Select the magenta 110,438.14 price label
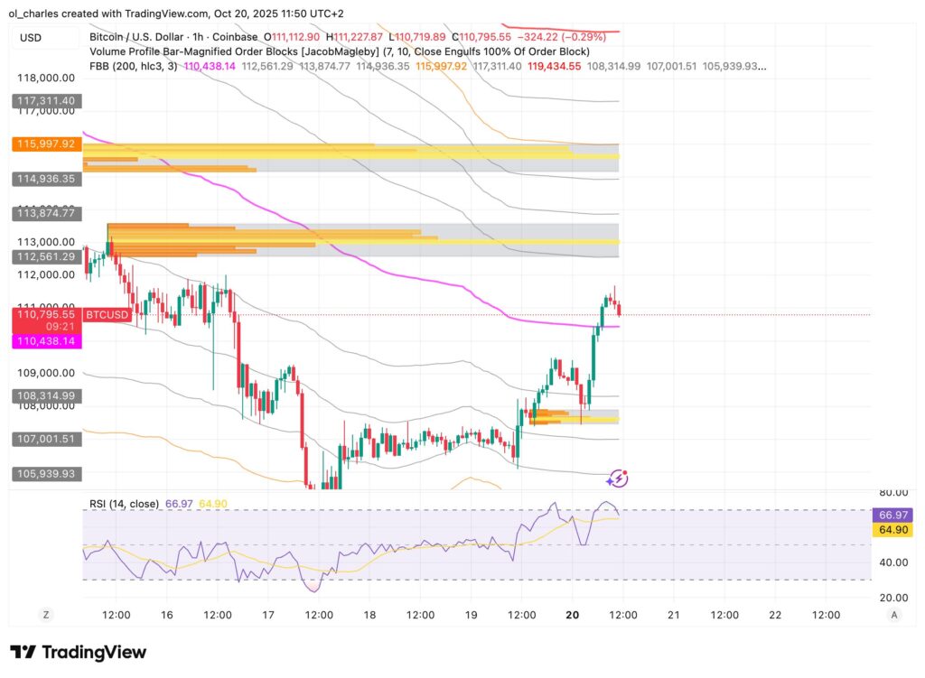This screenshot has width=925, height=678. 45,341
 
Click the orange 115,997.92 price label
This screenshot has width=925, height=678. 45,144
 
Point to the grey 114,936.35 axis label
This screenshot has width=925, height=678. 45,180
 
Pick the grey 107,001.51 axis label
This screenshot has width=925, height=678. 45,438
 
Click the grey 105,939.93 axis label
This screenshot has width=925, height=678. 45,473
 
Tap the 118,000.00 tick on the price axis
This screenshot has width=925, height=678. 45,79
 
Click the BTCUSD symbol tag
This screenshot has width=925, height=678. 107,315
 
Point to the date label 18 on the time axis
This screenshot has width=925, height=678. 369,615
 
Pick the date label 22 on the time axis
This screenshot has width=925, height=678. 774,615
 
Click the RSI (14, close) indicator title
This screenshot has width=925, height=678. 124,504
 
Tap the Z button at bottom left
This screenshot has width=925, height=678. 46,615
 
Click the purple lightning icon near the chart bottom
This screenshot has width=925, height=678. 618,478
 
